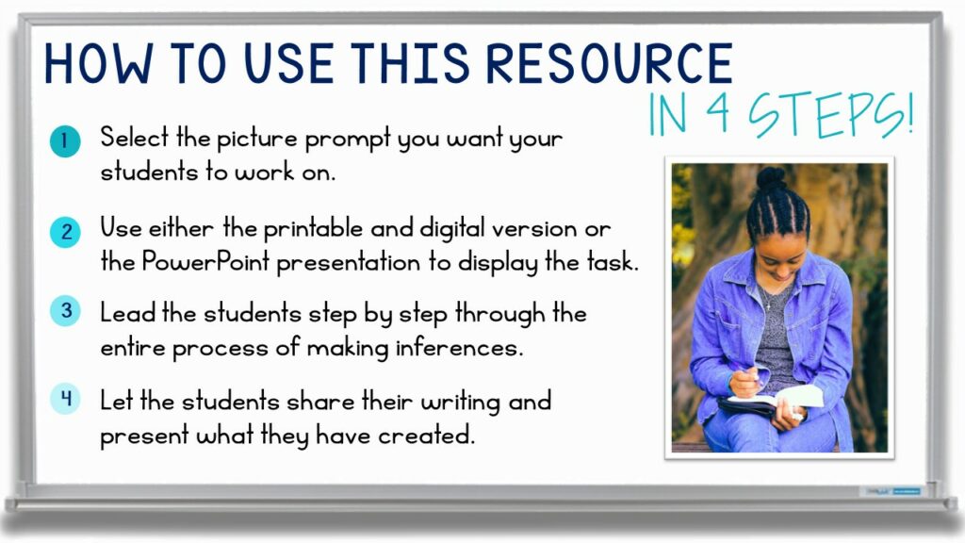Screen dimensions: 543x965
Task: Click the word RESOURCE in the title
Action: [x=610, y=64]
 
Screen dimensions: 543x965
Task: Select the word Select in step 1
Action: [x=131, y=139]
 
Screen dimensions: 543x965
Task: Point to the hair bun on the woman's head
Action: [x=771, y=177]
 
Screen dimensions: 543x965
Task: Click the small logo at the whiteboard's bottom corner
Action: [x=891, y=491]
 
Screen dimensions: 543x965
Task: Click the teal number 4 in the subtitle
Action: [x=711, y=117]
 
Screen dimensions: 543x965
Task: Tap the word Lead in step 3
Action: [x=129, y=313]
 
